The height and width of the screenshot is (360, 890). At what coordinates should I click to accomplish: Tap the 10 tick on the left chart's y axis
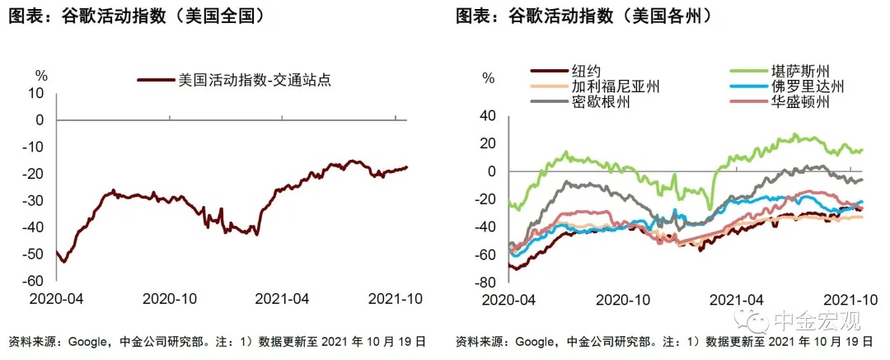click(x=38, y=93)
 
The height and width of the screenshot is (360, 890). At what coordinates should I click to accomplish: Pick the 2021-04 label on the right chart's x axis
click(x=734, y=298)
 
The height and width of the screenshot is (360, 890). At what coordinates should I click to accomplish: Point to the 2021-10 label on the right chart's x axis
click(x=847, y=298)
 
